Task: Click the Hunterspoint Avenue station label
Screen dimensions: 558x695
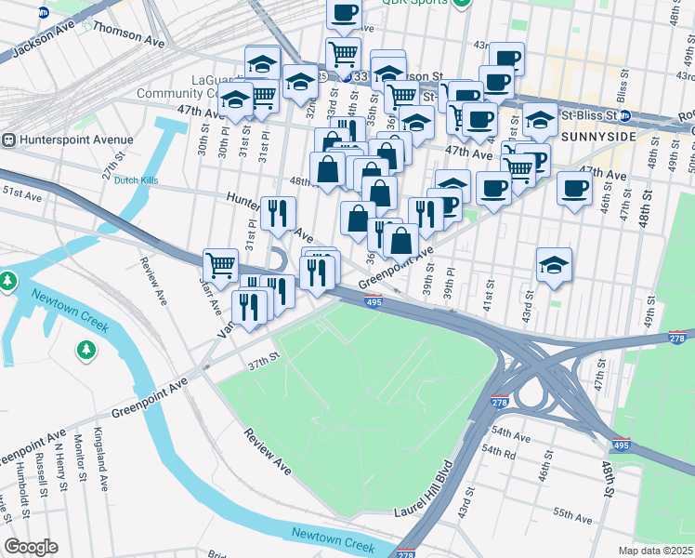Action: [74, 140]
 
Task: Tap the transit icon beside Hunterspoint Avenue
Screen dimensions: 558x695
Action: [8, 140]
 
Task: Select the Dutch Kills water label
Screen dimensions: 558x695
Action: [137, 181]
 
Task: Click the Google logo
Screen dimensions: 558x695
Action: [31, 547]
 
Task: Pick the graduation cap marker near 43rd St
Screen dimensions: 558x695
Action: [554, 264]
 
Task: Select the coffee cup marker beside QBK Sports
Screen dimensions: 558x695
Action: [344, 13]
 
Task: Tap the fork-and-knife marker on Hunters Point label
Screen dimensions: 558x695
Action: [277, 213]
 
